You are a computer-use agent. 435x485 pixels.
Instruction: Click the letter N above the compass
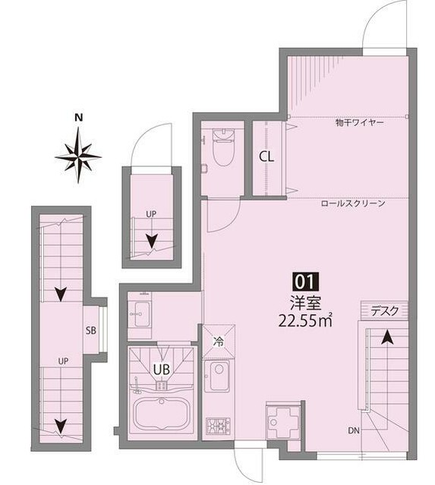[80, 118]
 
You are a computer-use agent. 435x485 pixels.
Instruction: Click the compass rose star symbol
[78, 156]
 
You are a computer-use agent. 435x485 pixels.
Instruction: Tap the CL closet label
[266, 157]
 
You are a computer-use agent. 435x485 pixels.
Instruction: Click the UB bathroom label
[162, 370]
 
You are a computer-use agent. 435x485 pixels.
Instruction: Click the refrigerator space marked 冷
[219, 341]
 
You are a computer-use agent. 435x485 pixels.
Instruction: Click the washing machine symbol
[282, 420]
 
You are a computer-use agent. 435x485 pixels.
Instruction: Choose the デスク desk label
[385, 311]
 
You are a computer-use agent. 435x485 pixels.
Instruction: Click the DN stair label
[354, 430]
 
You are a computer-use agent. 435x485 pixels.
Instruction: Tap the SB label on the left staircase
[91, 331]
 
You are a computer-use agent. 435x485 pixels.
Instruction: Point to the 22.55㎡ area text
[305, 321]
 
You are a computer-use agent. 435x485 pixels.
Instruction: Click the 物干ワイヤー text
[360, 123]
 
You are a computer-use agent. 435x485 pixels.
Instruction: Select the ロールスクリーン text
[353, 204]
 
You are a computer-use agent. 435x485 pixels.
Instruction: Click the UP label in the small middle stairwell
[151, 214]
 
